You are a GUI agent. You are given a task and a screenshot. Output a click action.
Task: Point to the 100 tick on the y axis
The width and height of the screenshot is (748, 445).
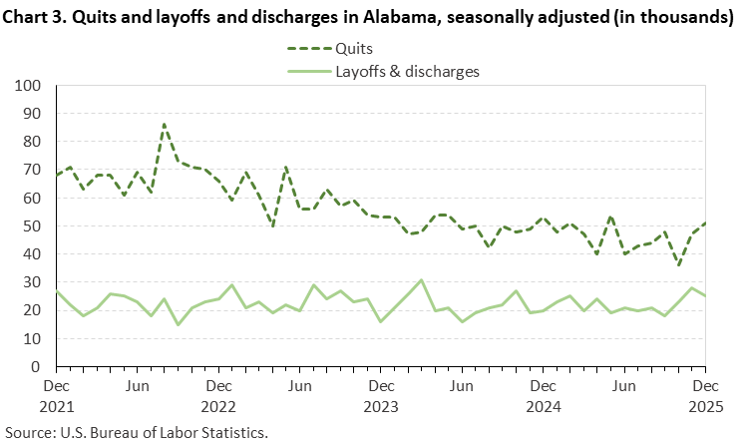click(x=27, y=86)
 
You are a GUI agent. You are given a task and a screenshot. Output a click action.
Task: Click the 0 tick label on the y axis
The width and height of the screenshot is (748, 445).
click(x=35, y=367)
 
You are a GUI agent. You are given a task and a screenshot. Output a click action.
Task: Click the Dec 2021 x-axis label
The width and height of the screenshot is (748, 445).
click(x=57, y=394)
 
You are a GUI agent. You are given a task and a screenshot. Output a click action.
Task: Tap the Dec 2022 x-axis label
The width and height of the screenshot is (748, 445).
click(x=219, y=394)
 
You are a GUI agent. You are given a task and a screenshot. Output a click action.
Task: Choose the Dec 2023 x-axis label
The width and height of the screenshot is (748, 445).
click(x=380, y=394)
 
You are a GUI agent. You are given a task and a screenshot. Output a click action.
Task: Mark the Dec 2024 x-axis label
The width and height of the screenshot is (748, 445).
click(x=543, y=394)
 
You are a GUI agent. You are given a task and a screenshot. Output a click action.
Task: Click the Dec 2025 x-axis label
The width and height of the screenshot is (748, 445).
click(x=704, y=394)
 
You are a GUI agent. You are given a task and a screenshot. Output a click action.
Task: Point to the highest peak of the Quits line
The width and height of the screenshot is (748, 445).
click(x=165, y=124)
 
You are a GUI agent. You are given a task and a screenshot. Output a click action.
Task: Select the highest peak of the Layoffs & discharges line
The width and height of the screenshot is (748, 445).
click(x=422, y=280)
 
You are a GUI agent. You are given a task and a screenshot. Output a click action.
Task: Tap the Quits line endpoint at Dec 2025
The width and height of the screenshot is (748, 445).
click(x=705, y=223)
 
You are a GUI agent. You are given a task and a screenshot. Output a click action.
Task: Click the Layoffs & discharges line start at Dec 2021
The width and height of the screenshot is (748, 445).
click(x=56, y=291)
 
